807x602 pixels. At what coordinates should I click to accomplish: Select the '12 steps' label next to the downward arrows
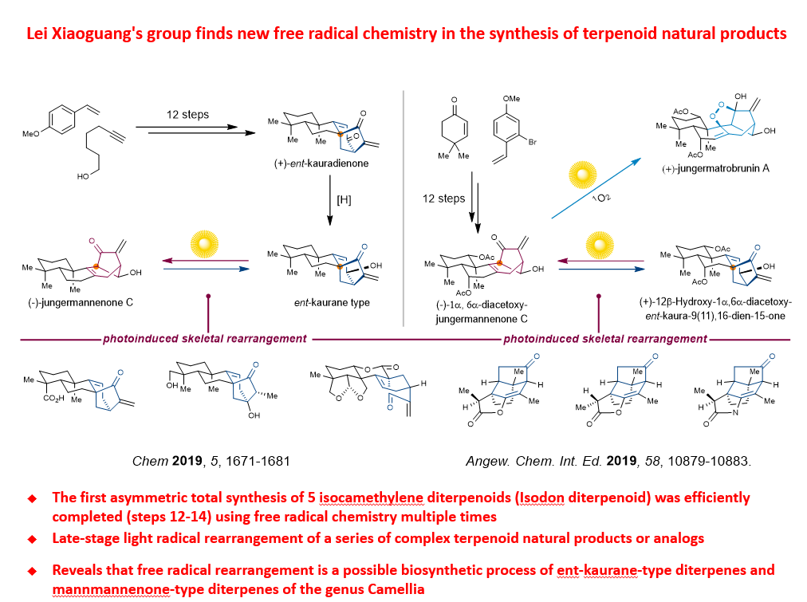443,198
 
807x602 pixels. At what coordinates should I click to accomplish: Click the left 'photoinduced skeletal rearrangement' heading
205,338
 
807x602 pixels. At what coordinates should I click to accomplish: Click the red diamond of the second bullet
32,539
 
